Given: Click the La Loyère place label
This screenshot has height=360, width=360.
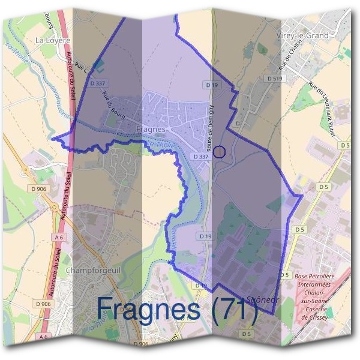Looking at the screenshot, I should [53, 40].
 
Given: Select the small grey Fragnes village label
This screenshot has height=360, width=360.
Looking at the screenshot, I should [151, 129].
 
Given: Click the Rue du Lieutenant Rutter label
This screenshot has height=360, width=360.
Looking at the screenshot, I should [322, 110].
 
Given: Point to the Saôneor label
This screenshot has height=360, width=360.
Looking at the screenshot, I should [260, 299].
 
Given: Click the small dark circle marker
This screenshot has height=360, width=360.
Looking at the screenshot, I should [220, 152].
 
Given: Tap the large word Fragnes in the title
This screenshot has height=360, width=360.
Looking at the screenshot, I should [148, 308].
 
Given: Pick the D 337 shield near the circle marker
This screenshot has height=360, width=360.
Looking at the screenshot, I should [200, 157].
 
